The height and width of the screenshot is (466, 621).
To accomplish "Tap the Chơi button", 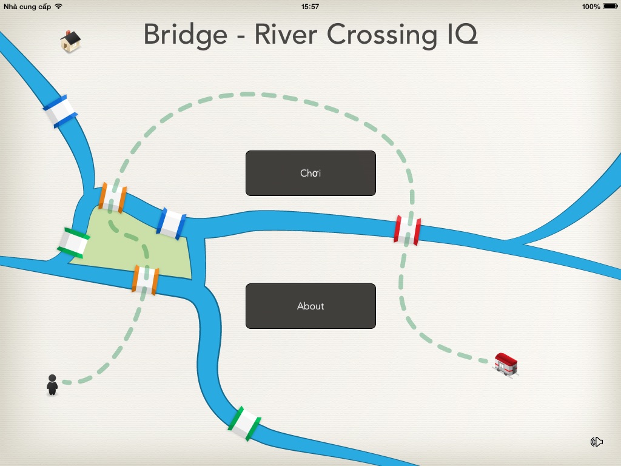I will click(310, 173).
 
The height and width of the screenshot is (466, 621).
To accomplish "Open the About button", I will click(310, 306).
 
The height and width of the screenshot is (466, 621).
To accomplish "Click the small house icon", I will click(70, 41).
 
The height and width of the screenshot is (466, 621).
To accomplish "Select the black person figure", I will click(52, 385).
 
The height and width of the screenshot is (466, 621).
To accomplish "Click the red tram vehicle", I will click(506, 363).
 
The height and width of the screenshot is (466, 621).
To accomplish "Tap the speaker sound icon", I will click(597, 442).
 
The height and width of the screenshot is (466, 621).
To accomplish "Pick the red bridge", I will click(408, 230).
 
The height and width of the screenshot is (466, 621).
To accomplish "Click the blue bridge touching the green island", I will click(172, 223).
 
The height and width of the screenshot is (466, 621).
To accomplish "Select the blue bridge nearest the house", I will click(59, 111).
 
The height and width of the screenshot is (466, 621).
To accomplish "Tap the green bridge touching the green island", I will click(73, 243).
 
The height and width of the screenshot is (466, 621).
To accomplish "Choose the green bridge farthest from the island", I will click(244, 422).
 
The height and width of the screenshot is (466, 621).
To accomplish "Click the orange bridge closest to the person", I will click(146, 279).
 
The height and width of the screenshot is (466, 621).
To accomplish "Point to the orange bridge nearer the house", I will click(113, 197).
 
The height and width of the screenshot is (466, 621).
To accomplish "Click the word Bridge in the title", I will click(185, 35).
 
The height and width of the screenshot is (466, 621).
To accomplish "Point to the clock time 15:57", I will click(310, 7).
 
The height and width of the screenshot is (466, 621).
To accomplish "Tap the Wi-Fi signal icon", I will click(58, 6).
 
